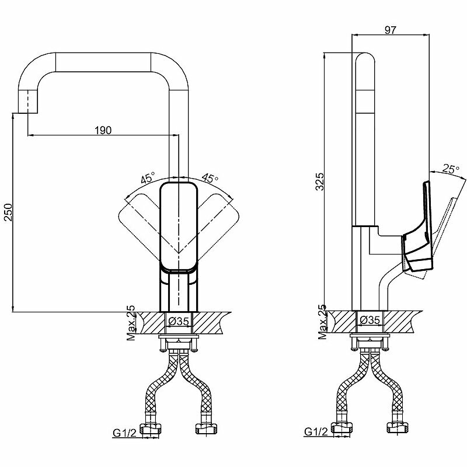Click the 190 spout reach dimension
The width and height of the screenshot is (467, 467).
tap(103, 130)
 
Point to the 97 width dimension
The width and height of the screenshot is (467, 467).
tap(392, 31)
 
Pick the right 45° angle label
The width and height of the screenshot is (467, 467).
tap(210, 177)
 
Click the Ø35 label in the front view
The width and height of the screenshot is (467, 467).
tap(179, 320)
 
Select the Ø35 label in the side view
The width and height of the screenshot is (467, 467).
tap(370, 320)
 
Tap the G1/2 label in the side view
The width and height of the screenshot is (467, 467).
tap(316, 433)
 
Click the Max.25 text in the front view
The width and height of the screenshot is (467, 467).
tap(132, 322)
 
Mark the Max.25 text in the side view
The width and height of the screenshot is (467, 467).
tap(323, 322)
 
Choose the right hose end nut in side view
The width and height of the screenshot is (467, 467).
tap(398, 429)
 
